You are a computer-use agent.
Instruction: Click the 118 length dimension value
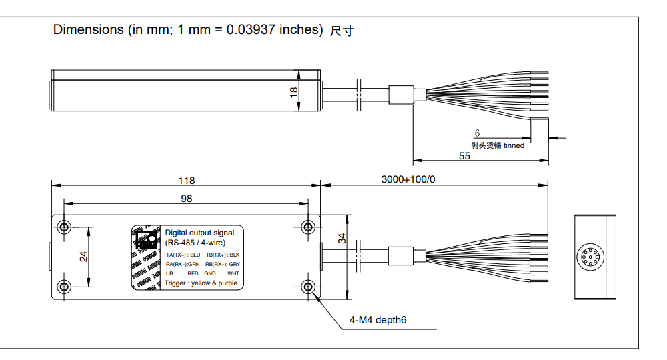pos(187,180)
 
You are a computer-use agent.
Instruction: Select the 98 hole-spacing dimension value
pos(187,199)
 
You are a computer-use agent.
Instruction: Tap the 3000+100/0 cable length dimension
pos(408,180)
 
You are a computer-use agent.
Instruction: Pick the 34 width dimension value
pos(342,239)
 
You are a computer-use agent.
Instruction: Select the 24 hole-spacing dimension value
pos(83,257)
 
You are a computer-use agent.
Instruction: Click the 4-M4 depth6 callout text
pos(378,321)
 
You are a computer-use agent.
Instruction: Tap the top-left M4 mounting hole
pos(64,226)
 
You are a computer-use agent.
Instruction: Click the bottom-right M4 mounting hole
pos(308,287)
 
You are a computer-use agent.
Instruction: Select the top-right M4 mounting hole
pos(308,226)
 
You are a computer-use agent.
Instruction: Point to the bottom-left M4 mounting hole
pos(64,287)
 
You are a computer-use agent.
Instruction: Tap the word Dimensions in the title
pos(88,29)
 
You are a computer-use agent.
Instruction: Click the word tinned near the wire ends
pos(514,145)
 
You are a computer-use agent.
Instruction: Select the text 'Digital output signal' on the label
pos(199,233)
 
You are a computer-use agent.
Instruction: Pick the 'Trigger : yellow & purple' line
pos(200,283)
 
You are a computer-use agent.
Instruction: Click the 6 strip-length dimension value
pos(477,134)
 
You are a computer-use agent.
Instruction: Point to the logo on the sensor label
pos(146,240)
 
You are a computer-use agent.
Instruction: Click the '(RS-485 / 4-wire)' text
pos(195,242)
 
